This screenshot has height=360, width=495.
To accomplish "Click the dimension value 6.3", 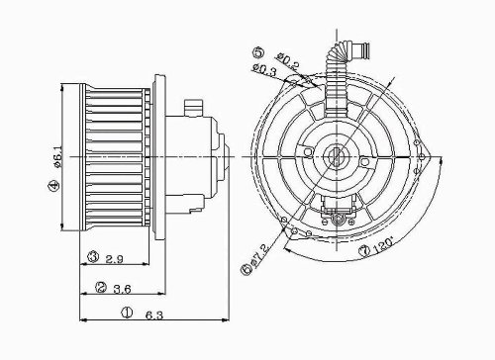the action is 154,315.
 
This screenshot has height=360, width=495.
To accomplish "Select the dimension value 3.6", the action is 122,289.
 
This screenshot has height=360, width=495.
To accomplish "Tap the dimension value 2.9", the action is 114,259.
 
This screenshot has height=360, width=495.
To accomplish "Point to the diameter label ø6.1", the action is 56,157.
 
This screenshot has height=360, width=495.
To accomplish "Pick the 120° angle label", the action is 384,245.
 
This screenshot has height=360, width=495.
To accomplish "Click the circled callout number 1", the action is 127,313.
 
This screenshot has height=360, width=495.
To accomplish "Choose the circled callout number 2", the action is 101,287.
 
